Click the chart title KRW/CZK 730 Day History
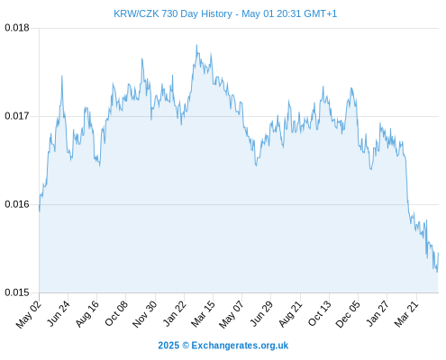(173, 13)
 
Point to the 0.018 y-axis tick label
(17, 28)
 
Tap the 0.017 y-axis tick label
(17, 116)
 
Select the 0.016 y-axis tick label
(17, 204)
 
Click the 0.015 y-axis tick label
(17, 292)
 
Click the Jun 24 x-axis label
(59, 313)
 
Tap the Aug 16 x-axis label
(87, 314)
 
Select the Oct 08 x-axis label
(116, 313)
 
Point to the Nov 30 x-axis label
(144, 314)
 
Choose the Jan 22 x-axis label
(175, 313)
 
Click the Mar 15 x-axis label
(203, 314)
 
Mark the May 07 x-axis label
(232, 314)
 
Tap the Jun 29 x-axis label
(261, 313)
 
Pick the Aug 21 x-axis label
(290, 314)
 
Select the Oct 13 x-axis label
(320, 313)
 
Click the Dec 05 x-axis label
(348, 314)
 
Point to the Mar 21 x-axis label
(406, 314)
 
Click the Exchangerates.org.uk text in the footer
(240, 346)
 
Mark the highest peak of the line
(196, 45)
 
